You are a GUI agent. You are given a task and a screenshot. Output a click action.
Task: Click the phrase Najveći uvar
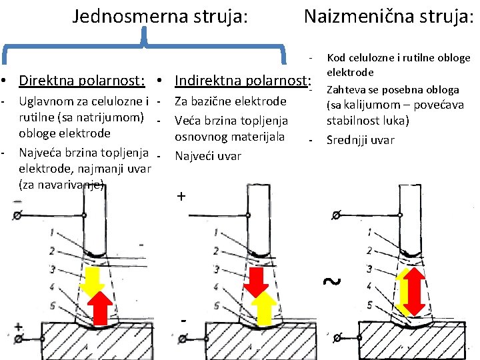[x=208, y=157]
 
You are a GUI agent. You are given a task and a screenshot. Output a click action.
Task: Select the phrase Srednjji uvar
[x=360, y=140]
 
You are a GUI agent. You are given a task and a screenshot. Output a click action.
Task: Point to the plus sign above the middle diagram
[x=181, y=197]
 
